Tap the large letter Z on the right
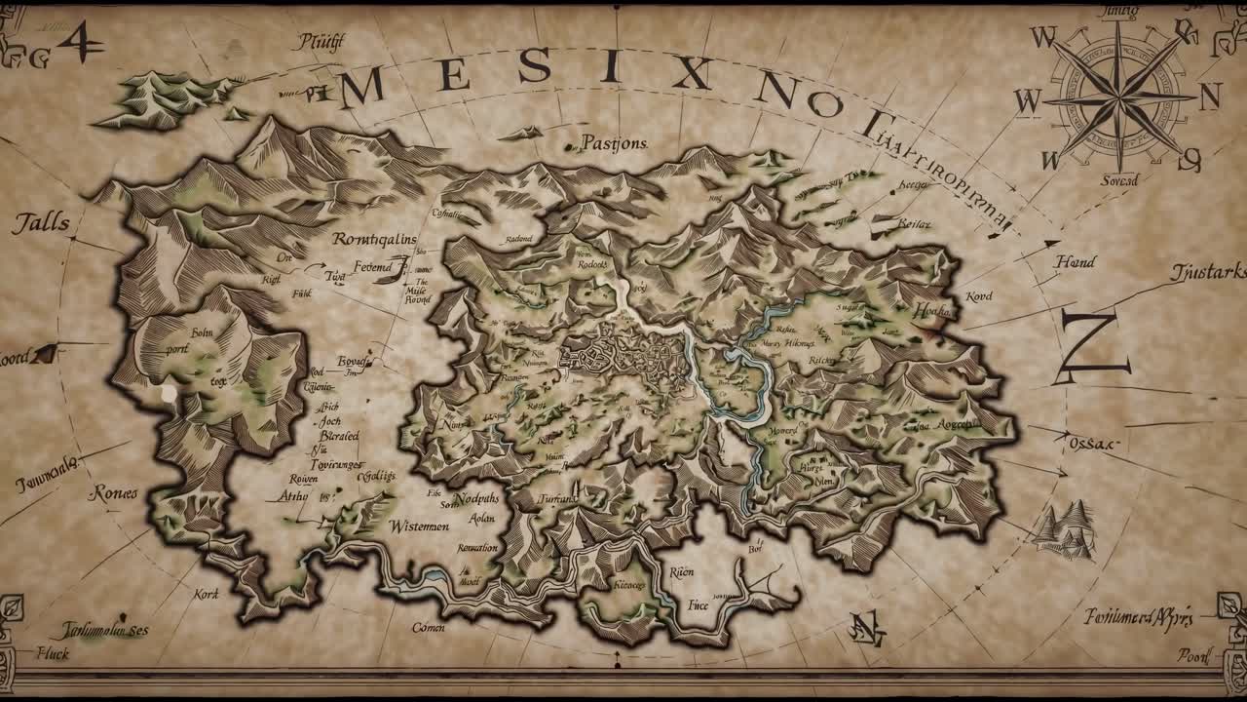(1093, 348)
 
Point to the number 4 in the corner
(82, 41)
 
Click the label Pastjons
(614, 143)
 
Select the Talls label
(41, 223)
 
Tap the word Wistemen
(419, 526)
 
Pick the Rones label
(114, 493)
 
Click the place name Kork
(206, 593)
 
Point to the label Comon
(428, 627)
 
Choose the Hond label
(1075, 261)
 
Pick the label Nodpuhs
(474, 497)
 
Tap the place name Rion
(681, 572)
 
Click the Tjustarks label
(1208, 272)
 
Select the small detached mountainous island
(161, 96)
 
